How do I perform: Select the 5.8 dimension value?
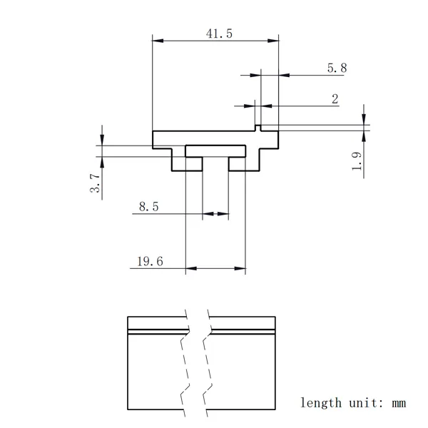pos(337,68)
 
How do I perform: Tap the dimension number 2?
pos(335,99)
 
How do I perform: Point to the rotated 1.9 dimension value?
pos(357,162)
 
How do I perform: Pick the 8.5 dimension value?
pos(149,207)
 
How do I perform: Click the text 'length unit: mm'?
pos(352,402)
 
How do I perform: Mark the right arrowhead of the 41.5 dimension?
pos(274,41)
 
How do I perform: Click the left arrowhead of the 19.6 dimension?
pos(190,269)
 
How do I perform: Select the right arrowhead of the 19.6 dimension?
pos(242,269)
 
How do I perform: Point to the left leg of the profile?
pos(188,165)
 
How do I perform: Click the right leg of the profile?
pos(243,165)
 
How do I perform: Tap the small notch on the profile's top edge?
pos(259,128)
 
